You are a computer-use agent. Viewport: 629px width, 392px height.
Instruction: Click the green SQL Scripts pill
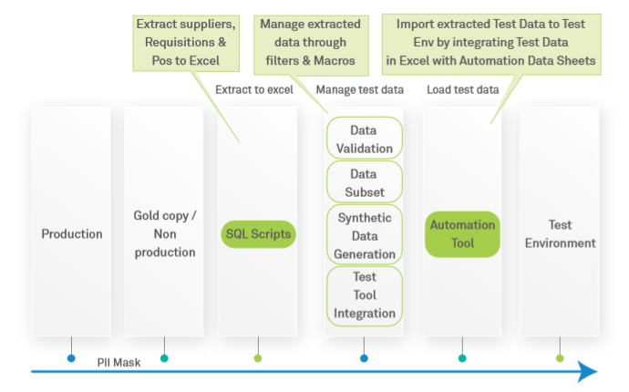[x=258, y=234]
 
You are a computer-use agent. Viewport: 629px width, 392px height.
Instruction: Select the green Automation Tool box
[x=462, y=234]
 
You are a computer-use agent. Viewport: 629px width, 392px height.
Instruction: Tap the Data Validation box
[x=364, y=139]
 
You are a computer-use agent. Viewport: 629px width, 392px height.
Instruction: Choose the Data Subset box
[x=364, y=181]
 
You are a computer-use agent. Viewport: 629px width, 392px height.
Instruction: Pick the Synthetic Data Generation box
[x=364, y=233]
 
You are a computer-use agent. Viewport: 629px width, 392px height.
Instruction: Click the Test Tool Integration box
[x=364, y=294]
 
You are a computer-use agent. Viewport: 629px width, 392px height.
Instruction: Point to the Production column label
[x=72, y=234]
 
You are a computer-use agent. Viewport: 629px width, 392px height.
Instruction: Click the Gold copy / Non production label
[x=164, y=233]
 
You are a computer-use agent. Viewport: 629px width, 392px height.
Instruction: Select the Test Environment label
[x=559, y=233]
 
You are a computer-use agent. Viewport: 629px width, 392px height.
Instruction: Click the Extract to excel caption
[x=254, y=89]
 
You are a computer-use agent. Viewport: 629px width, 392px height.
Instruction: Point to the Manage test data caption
[x=361, y=89]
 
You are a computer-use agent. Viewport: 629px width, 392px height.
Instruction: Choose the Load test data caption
[x=463, y=89]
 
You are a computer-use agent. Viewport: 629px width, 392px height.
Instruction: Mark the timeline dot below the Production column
[x=71, y=358]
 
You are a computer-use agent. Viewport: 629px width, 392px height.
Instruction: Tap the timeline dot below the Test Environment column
[x=560, y=358]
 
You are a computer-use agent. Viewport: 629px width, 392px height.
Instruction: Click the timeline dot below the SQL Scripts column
[x=258, y=358]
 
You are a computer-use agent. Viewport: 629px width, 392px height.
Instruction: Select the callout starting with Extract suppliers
[x=187, y=41]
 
